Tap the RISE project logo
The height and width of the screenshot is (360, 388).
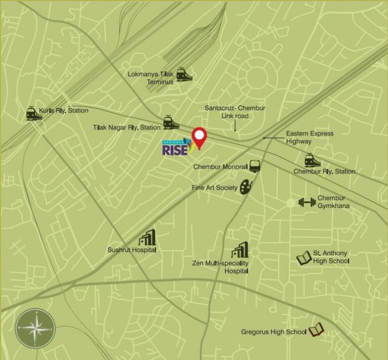(x=176, y=148)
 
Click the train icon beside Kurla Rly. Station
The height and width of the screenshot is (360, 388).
(x=34, y=114)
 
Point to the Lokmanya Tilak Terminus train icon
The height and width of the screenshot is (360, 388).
(x=185, y=74)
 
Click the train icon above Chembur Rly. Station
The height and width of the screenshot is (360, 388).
(x=313, y=161)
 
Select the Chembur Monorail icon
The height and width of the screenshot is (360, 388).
(x=254, y=166)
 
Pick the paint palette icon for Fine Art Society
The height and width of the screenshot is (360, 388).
(x=246, y=187)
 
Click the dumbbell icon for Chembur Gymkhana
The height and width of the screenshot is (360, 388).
(x=307, y=202)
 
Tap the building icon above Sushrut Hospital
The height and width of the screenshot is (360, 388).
(x=146, y=238)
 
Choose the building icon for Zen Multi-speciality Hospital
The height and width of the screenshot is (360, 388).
(x=240, y=250)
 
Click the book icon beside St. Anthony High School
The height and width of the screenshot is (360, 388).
(x=303, y=258)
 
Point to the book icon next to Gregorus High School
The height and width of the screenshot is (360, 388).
(x=315, y=331)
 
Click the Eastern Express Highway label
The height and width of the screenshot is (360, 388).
(x=310, y=138)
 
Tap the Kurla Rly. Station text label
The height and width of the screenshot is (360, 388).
(x=64, y=111)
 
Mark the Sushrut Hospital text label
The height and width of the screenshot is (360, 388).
(x=132, y=250)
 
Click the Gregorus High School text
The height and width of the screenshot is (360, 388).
(x=274, y=332)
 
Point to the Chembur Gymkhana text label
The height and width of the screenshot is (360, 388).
(x=331, y=202)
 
